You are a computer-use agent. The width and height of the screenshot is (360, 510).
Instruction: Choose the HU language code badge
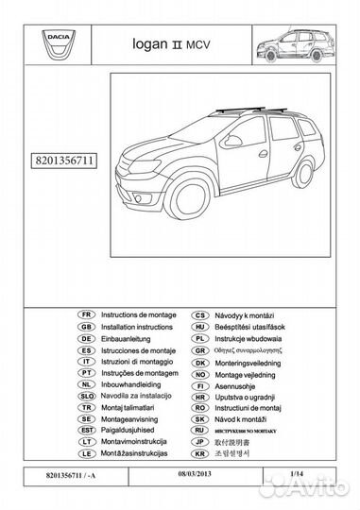pyautogui.click(x=200, y=325)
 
